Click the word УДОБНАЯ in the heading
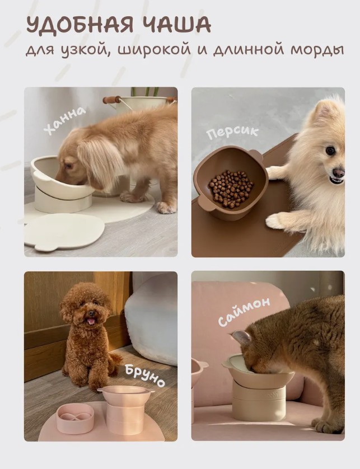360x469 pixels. [x=80, y=25]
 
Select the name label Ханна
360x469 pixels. [x=65, y=120]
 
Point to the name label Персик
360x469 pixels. [x=232, y=133]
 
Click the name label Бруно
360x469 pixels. [x=144, y=376]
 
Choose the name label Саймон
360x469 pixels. [x=244, y=311]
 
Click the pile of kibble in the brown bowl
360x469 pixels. [x=230, y=189]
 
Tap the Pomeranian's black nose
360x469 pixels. [x=339, y=172]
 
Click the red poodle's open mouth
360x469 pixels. [x=91, y=321]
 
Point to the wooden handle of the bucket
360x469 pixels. [x=112, y=100]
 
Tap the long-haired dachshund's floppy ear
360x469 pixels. [x=95, y=158]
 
